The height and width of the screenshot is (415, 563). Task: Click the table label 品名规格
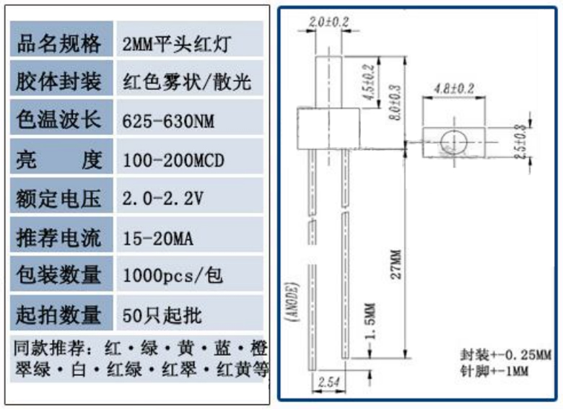(x=58, y=44)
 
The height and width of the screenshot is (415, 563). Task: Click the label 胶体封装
(x=58, y=82)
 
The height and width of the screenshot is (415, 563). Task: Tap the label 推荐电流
(x=58, y=237)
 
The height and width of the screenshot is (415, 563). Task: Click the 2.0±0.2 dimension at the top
(x=328, y=22)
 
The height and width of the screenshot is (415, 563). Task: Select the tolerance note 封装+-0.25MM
(x=505, y=354)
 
